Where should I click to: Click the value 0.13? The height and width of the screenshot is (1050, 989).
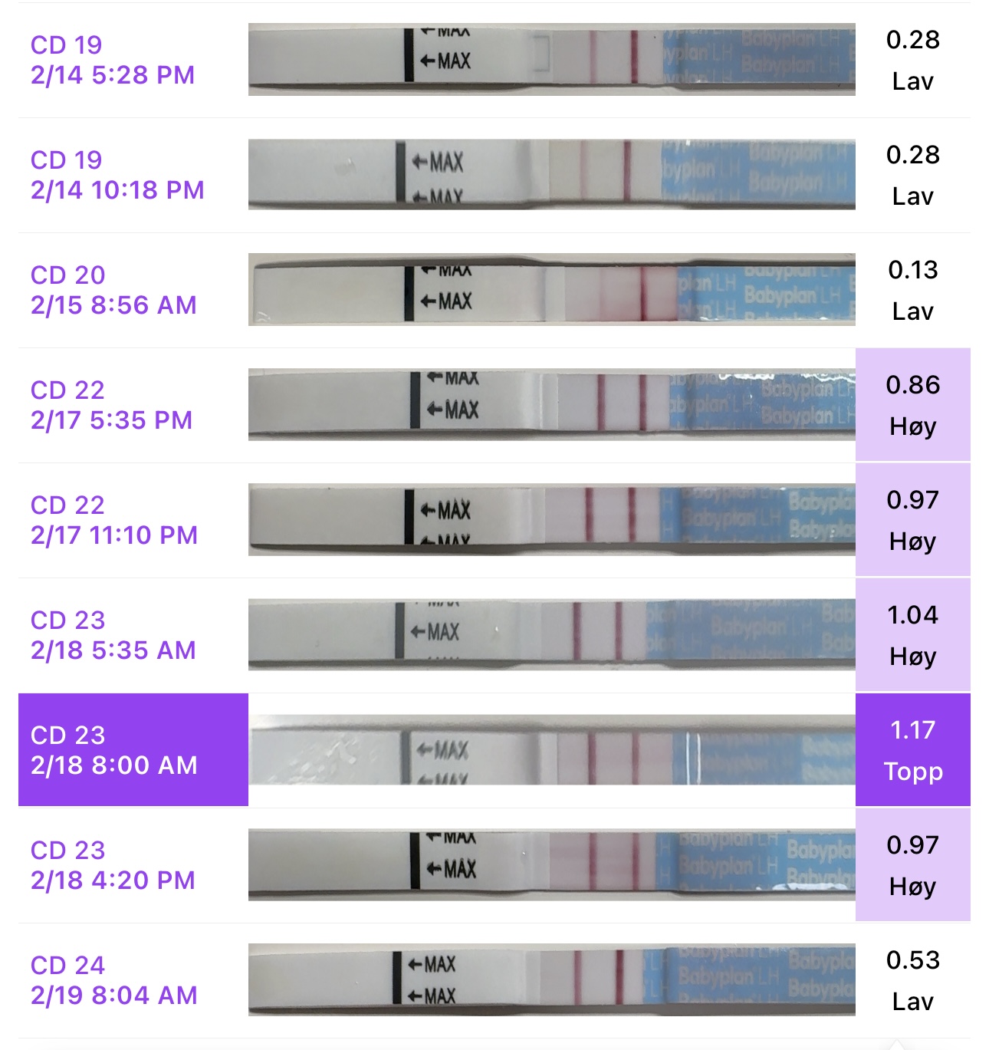pyautogui.click(x=912, y=270)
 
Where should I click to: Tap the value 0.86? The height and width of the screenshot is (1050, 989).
pyautogui.click(x=912, y=385)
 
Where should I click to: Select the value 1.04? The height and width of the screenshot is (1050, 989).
pyautogui.click(x=912, y=615)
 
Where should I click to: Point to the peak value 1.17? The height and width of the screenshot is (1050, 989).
pyautogui.click(x=912, y=730)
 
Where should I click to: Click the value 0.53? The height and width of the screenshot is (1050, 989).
pyautogui.click(x=912, y=960)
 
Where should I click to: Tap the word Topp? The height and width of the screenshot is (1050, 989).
pyautogui.click(x=912, y=772)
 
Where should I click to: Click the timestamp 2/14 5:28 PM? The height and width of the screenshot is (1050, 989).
pyautogui.click(x=113, y=75)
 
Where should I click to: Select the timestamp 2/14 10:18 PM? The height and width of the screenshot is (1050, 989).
pyautogui.click(x=117, y=190)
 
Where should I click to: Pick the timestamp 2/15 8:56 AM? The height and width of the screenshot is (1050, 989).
pyautogui.click(x=113, y=305)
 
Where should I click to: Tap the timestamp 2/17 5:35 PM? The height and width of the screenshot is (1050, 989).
pyautogui.click(x=112, y=420)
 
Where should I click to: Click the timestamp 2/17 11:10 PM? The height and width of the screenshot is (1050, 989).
pyautogui.click(x=114, y=535)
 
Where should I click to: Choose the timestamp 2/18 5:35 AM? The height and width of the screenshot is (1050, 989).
pyautogui.click(x=113, y=650)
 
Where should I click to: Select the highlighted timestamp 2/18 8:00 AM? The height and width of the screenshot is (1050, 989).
pyautogui.click(x=114, y=765)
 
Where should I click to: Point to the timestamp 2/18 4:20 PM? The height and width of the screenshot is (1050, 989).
pyautogui.click(x=113, y=880)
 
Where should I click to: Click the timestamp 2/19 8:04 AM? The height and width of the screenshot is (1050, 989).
pyautogui.click(x=114, y=996)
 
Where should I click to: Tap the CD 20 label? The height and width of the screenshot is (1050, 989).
pyautogui.click(x=67, y=275)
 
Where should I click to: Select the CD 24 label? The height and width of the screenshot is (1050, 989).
pyautogui.click(x=67, y=966)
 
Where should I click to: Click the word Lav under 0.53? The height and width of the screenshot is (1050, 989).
pyautogui.click(x=912, y=1002)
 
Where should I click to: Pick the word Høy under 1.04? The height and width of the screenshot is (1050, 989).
pyautogui.click(x=912, y=657)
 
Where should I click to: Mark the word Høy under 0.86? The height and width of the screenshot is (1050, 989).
pyautogui.click(x=912, y=427)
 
